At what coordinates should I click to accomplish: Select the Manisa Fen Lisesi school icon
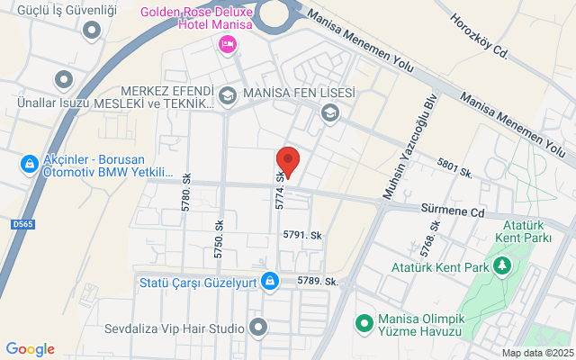click(x=330, y=112)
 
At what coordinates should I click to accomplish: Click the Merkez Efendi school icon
click(x=228, y=94)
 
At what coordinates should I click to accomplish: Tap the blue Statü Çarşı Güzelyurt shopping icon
click(x=269, y=282)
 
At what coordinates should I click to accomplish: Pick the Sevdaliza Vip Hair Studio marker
click(x=258, y=327)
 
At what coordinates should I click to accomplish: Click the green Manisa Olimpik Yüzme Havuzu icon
click(x=364, y=321)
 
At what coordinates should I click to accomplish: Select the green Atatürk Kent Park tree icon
click(x=502, y=266)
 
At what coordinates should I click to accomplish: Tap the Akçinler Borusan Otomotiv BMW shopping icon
click(x=29, y=164)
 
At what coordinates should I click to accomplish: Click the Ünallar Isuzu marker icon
click(x=62, y=81)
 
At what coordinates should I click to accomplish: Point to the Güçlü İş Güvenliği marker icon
click(x=91, y=31)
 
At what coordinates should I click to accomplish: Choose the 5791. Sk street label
click(x=301, y=235)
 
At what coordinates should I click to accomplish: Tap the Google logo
click(x=30, y=349)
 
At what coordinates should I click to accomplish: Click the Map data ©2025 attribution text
click(x=536, y=353)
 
